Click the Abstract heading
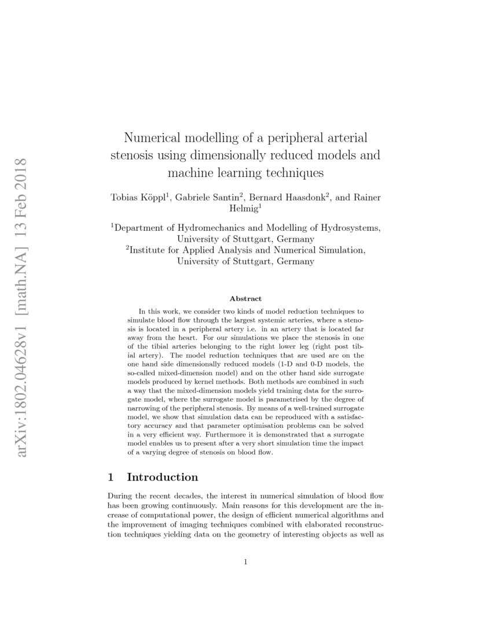tap(245, 299)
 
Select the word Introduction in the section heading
tap(162, 477)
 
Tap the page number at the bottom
tap(246, 561)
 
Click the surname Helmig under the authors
tap(244, 208)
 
